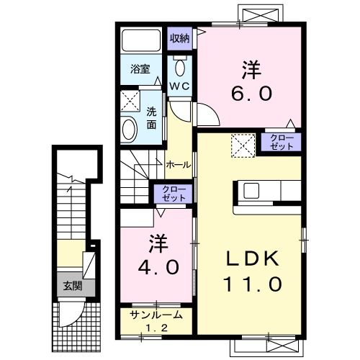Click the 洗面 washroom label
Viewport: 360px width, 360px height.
152,118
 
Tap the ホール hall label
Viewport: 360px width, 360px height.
178,165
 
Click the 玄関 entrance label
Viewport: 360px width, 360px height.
69,285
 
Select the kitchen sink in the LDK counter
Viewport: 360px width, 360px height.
252,191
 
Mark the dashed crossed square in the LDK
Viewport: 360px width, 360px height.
242,145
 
